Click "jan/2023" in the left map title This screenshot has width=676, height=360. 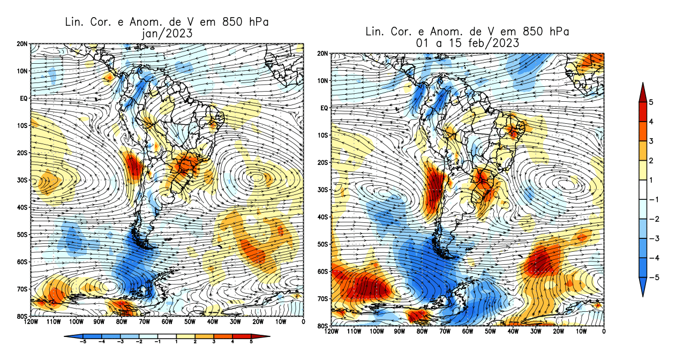165,33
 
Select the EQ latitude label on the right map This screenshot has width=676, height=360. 323,108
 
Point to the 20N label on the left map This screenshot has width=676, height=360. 23,44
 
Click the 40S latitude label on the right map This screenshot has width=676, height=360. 322,217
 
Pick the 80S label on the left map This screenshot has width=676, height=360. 23,316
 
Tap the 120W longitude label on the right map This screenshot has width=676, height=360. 332,331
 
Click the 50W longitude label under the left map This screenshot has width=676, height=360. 190,322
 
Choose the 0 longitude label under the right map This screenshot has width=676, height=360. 604,331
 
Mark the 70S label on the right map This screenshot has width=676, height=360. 322,298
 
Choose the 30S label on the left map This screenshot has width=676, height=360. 23,180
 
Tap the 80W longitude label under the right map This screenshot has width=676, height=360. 422,331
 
